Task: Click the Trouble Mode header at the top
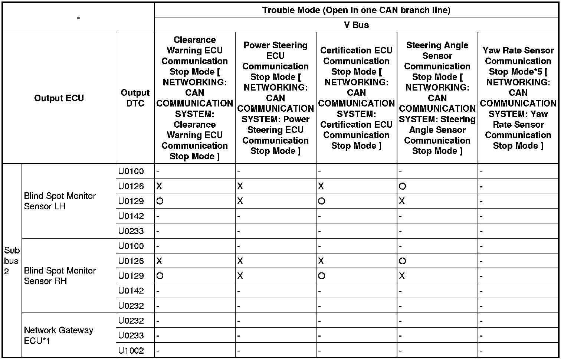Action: [356, 10]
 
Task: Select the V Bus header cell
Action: [356, 25]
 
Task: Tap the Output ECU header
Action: [59, 98]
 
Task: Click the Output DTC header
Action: [135, 98]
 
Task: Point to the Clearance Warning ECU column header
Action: [194, 98]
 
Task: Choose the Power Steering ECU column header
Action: [275, 98]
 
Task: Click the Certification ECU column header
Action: [356, 98]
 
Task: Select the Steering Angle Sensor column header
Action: [437, 98]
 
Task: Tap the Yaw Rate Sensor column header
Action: [518, 98]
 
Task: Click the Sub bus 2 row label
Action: [12, 261]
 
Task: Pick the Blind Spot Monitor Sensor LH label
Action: [60, 201]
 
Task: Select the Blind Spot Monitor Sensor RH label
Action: [60, 276]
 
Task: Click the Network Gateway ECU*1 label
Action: [59, 336]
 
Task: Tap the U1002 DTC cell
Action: [131, 350]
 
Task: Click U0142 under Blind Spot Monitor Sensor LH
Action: [131, 216]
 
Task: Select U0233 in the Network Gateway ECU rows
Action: [131, 336]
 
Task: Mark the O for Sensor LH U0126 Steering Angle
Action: [403, 186]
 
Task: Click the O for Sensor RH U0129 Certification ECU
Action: [322, 276]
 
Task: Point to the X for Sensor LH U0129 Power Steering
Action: [240, 201]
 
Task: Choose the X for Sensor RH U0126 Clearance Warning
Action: [160, 261]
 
